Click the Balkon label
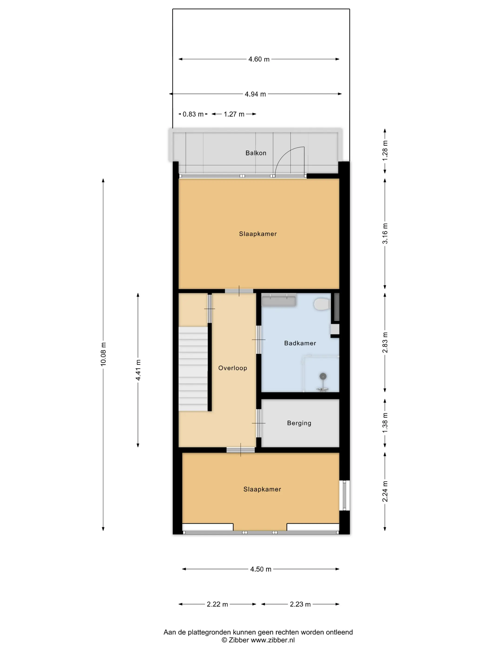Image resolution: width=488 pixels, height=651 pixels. pyautogui.click(x=256, y=153)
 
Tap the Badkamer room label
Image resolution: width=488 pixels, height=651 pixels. pyautogui.click(x=300, y=343)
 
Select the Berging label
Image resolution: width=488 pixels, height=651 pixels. pyautogui.click(x=299, y=423)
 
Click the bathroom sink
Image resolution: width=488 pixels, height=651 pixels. pyautogui.click(x=279, y=301)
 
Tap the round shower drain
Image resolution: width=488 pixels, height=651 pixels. pyautogui.click(x=323, y=376)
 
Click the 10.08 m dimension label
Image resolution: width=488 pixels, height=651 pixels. pyautogui.click(x=103, y=354)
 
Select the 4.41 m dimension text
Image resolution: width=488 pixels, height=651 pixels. pyautogui.click(x=138, y=370)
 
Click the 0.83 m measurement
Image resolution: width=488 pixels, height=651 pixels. pyautogui.click(x=193, y=114)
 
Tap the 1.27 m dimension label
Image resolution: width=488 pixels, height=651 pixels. pyautogui.click(x=234, y=114)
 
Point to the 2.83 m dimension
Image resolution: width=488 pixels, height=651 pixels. pyautogui.click(x=385, y=342)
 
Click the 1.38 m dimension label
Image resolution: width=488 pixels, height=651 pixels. pyautogui.click(x=385, y=423)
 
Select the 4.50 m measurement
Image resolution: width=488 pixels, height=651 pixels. pyautogui.click(x=261, y=569)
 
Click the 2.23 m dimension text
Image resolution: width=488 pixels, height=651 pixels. pyautogui.click(x=300, y=604)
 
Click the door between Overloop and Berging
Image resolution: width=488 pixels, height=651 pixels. pyautogui.click(x=259, y=423)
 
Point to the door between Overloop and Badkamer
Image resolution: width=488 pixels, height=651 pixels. pyautogui.click(x=259, y=340)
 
